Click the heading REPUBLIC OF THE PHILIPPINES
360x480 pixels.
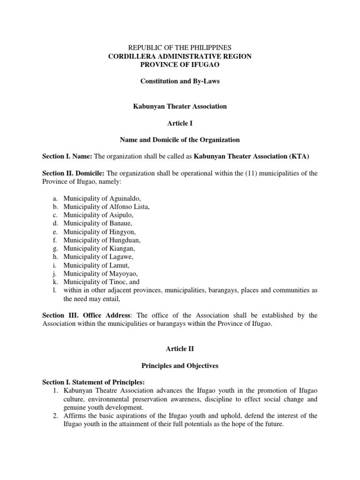tap(180, 48)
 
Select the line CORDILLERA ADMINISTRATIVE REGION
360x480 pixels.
tap(180, 56)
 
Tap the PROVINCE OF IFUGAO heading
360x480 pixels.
tap(180, 65)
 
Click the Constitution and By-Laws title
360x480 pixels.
tap(180, 82)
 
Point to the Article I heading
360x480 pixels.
tap(180, 123)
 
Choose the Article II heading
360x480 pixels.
tap(180, 349)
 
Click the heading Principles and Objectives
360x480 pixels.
tap(180, 366)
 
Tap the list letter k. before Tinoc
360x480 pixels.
tap(55, 282)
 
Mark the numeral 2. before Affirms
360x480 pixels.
tap(56, 416)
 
